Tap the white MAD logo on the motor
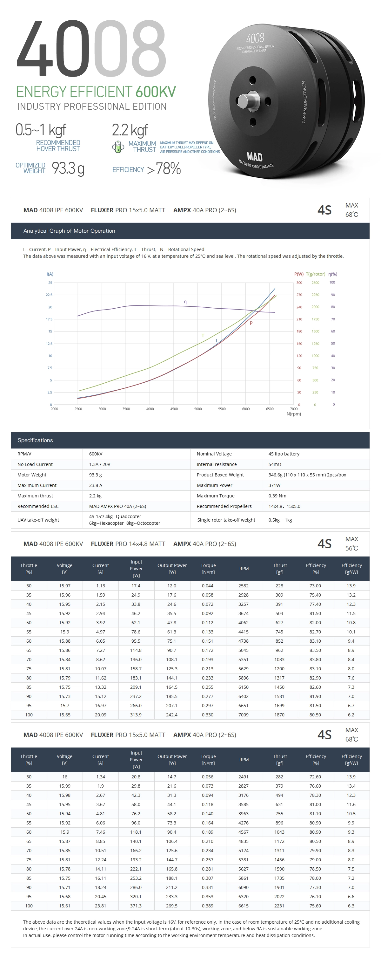(x=254, y=156)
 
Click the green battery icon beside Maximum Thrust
(x=118, y=147)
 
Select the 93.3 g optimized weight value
(x=68, y=168)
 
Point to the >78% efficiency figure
(x=164, y=169)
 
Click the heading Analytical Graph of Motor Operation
(x=69, y=231)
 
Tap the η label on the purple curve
(x=185, y=302)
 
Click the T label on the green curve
(x=203, y=335)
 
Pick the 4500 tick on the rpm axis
(x=174, y=409)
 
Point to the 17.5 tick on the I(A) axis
(x=49, y=319)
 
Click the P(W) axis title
(x=299, y=274)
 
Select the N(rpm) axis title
(x=293, y=414)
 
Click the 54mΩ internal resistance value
(x=275, y=464)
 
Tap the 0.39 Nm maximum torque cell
(x=277, y=496)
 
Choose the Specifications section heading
(x=35, y=440)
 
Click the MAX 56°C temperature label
(x=351, y=544)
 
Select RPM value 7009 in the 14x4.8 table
(x=244, y=714)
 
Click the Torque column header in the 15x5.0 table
(x=208, y=759)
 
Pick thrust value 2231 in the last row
(x=279, y=906)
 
